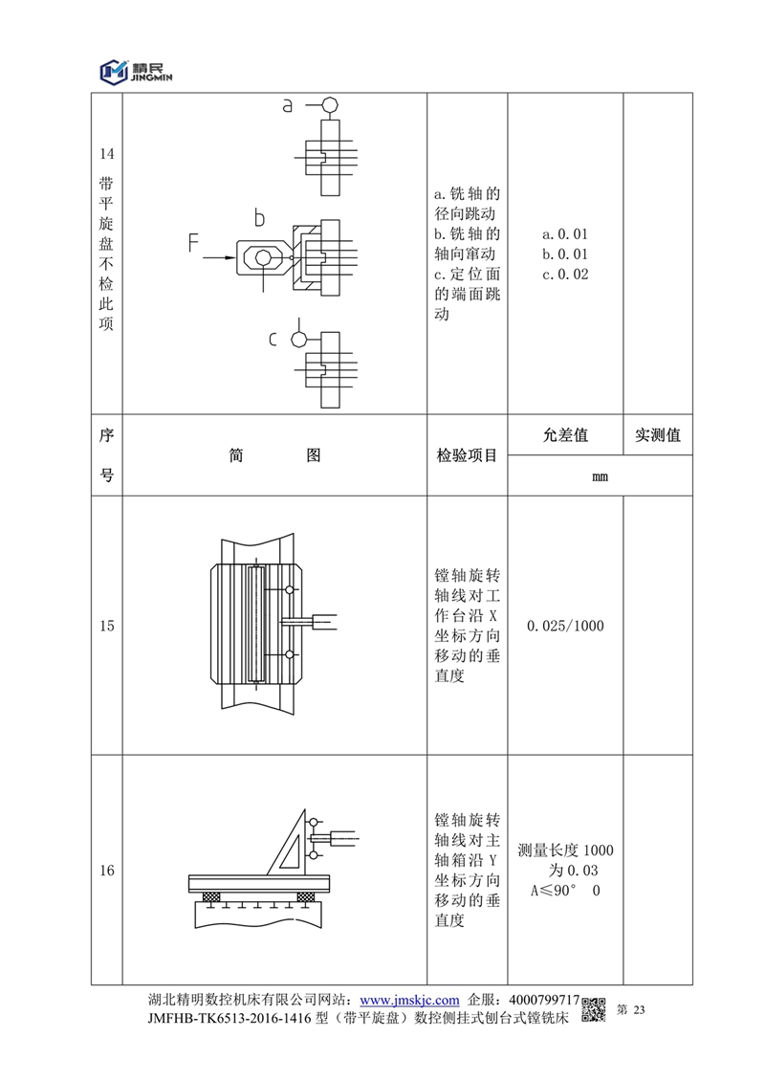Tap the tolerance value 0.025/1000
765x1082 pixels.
coord(565,626)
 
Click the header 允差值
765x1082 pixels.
coord(565,435)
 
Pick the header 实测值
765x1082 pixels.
coord(657,435)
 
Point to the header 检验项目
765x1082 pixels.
coord(467,455)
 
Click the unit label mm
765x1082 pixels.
coord(601,475)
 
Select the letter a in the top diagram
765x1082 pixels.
coord(287,106)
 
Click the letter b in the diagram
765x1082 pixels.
coord(258,219)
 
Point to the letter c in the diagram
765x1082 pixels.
coord(273,340)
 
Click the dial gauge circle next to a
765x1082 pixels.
coord(329,104)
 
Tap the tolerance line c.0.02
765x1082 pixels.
coord(565,276)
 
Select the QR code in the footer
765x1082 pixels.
coord(595,1009)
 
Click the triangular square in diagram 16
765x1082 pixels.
coord(288,842)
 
